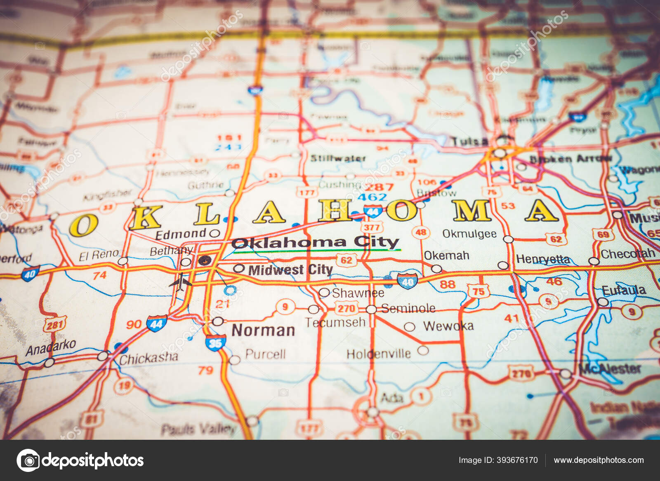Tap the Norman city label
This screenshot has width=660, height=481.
pyautogui.click(x=263, y=330)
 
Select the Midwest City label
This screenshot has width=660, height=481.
pyautogui.click(x=290, y=270)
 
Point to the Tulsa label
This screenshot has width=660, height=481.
pyautogui.click(x=469, y=142)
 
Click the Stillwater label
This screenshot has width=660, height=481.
pyautogui.click(x=338, y=158)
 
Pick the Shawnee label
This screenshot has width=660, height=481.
pyautogui.click(x=358, y=293)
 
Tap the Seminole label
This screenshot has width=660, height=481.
pyautogui.click(x=408, y=308)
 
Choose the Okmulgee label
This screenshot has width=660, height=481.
pyautogui.click(x=469, y=234)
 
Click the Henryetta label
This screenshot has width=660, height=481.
pyautogui.click(x=543, y=259)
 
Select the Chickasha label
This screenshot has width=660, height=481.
pyautogui.click(x=148, y=358)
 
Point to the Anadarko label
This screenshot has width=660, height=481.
pyautogui.click(x=51, y=347)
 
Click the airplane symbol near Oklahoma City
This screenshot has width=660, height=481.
pyautogui.click(x=180, y=282)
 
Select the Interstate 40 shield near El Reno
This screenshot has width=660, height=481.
pyautogui.click(x=30, y=273)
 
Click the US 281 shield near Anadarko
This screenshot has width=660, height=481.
pyautogui.click(x=54, y=325)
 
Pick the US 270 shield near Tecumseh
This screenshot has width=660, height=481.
pyautogui.click(x=346, y=308)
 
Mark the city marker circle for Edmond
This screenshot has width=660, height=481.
pyautogui.click(x=214, y=233)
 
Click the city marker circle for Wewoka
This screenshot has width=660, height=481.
pyautogui.click(x=409, y=327)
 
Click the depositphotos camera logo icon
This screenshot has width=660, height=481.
pyautogui.click(x=28, y=460)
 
